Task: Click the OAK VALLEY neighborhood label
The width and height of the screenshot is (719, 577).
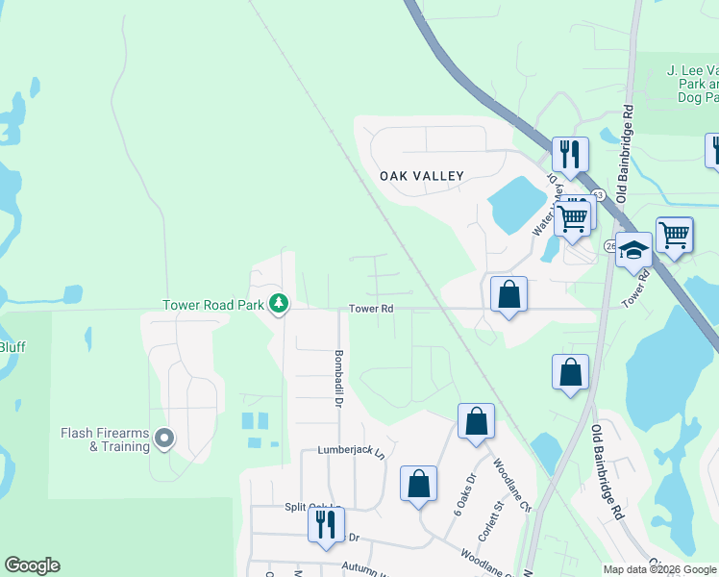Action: tap(421, 176)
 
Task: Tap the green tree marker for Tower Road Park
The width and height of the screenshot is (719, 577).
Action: tap(279, 304)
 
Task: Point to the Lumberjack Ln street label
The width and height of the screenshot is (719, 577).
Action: tap(350, 451)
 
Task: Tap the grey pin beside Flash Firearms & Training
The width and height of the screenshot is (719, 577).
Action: tap(164, 439)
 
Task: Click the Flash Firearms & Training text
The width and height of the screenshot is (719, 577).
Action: tap(105, 439)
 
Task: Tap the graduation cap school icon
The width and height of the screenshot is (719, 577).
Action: tap(633, 250)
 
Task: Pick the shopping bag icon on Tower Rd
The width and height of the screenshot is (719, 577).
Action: tap(508, 293)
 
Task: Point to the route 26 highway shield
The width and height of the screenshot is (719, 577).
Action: tap(609, 247)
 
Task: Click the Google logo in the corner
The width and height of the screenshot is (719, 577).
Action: tap(32, 565)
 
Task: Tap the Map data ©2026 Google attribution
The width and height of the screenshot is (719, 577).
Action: tap(659, 569)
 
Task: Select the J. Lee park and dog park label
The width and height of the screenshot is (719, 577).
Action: tap(693, 84)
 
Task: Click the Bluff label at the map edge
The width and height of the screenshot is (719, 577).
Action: tap(12, 346)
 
